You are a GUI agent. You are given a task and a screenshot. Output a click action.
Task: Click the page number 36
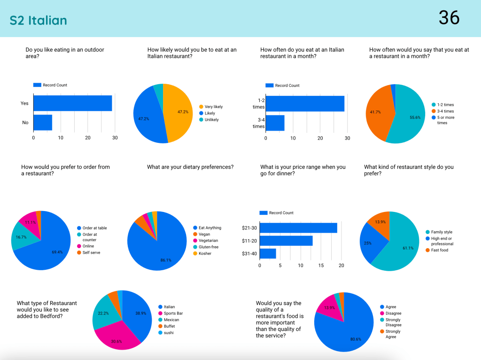[x=449, y=18]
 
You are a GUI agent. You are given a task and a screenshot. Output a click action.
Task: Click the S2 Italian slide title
[x=38, y=20]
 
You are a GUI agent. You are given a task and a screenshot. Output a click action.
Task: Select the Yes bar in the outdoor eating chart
[x=72, y=103]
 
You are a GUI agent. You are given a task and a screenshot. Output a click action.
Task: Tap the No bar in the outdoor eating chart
[x=42, y=122]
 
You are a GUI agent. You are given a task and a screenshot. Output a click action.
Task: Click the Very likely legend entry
[x=213, y=107]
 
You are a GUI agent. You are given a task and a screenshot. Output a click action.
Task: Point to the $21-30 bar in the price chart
[x=298, y=228]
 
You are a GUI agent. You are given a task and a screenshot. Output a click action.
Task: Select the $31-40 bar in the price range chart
[x=268, y=253]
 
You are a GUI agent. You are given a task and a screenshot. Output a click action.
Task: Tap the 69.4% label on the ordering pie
[x=57, y=252]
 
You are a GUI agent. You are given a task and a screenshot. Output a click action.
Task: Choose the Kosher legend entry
[x=204, y=253]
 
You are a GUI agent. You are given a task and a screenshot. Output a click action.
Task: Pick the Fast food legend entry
[x=436, y=250]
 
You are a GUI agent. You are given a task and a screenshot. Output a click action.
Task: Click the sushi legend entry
[x=169, y=333]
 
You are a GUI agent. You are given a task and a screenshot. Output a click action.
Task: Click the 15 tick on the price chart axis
[x=321, y=266]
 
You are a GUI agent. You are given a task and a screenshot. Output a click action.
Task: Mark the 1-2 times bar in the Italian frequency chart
[x=305, y=103]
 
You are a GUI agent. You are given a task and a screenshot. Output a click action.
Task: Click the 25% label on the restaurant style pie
[x=368, y=243]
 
